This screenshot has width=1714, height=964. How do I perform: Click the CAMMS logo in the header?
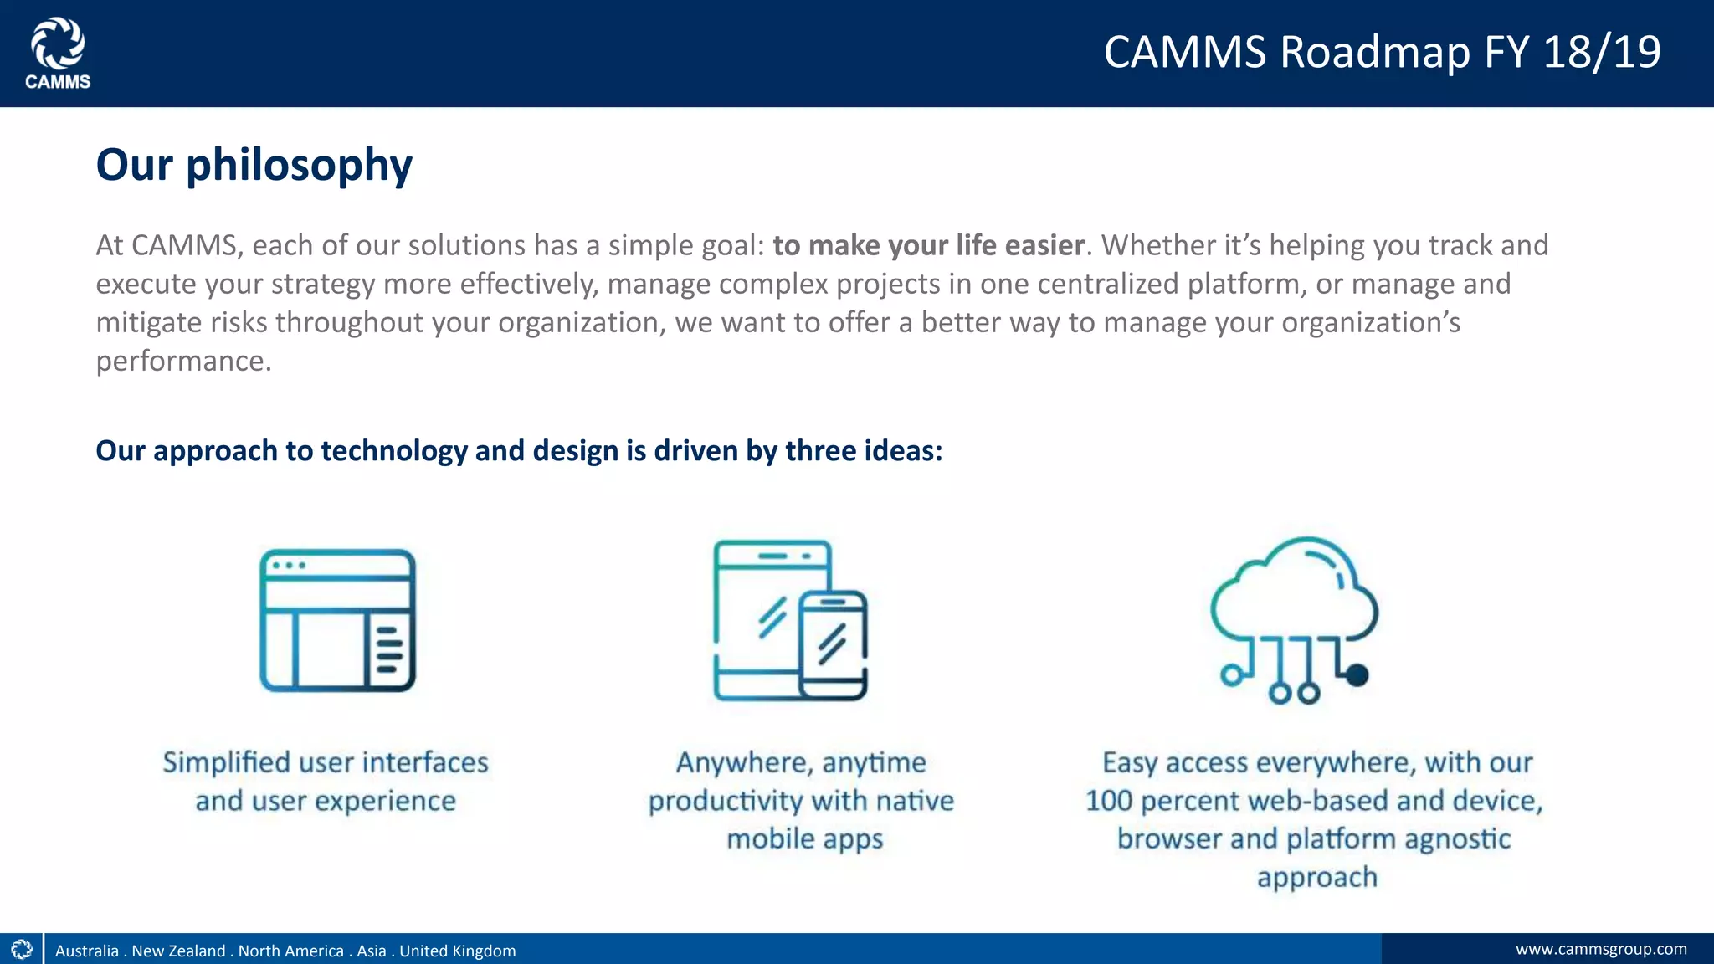pyautogui.click(x=58, y=53)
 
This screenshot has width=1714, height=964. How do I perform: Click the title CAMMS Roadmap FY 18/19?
pyautogui.click(x=1382, y=52)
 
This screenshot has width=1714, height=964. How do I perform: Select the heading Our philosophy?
pyautogui.click(x=254, y=164)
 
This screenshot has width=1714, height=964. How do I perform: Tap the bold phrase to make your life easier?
pyautogui.click(x=928, y=245)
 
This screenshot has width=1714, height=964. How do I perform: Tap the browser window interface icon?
pyautogui.click(x=337, y=620)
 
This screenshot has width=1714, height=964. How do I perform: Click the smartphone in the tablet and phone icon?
pyautogui.click(x=833, y=645)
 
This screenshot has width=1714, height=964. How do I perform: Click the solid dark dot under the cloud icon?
pyautogui.click(x=1357, y=674)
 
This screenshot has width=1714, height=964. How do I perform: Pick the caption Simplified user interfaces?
pyautogui.click(x=325, y=762)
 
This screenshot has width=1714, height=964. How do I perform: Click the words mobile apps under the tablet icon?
pyautogui.click(x=804, y=838)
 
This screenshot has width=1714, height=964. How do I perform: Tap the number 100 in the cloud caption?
pyautogui.click(x=1108, y=801)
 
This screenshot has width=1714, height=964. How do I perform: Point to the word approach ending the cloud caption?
pyautogui.click(x=1316, y=877)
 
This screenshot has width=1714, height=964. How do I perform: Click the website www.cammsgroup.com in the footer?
pyautogui.click(x=1600, y=949)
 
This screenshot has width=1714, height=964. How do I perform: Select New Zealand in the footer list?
pyautogui.click(x=178, y=951)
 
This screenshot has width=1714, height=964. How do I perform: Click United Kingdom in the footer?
pyautogui.click(x=457, y=951)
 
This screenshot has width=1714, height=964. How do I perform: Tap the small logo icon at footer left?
pyautogui.click(x=22, y=949)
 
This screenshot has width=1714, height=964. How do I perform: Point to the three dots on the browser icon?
pyautogui.click(x=289, y=566)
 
